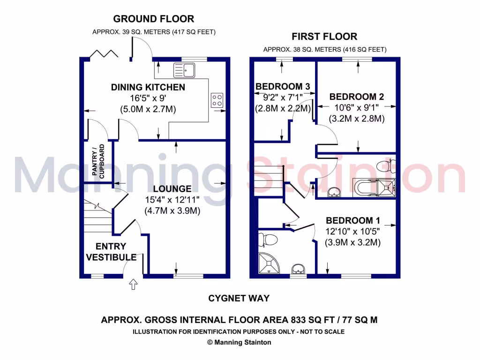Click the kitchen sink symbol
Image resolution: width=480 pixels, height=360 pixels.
tap(184, 70)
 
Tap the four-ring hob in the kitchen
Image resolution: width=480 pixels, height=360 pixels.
tap(217, 100)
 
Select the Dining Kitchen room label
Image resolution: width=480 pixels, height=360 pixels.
tap(148, 87)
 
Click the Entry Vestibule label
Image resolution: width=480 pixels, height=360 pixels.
tap(111, 252)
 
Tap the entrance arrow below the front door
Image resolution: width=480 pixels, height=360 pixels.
tap(133, 284)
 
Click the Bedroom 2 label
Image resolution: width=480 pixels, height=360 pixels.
tap(357, 97)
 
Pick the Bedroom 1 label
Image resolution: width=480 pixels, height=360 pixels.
tap(353, 220)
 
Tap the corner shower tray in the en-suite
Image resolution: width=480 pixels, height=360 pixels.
tap(269, 263)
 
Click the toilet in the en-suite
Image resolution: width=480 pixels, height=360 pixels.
tap(268, 240)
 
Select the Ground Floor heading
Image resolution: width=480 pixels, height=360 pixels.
tap(154, 19)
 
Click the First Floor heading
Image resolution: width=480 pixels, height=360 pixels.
tap(324, 36)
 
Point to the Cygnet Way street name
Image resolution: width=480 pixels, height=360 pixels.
tap(239, 298)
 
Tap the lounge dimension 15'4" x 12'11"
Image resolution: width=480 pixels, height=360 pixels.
tap(172, 200)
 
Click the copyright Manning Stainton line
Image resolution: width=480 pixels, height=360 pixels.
tap(239, 342)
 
